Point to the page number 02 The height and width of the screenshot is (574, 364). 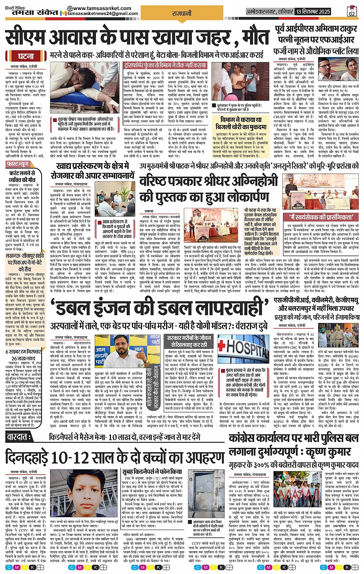click(x=351, y=12)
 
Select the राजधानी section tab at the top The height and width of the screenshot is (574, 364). click(x=181, y=14)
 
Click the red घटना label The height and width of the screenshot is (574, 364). click(x=26, y=56)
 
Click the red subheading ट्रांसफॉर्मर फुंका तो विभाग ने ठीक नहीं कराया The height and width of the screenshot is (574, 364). click(x=165, y=66)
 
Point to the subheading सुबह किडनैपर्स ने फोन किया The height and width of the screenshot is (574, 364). click(x=152, y=472)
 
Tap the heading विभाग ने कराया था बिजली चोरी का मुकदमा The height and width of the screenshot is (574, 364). click(x=239, y=123)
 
